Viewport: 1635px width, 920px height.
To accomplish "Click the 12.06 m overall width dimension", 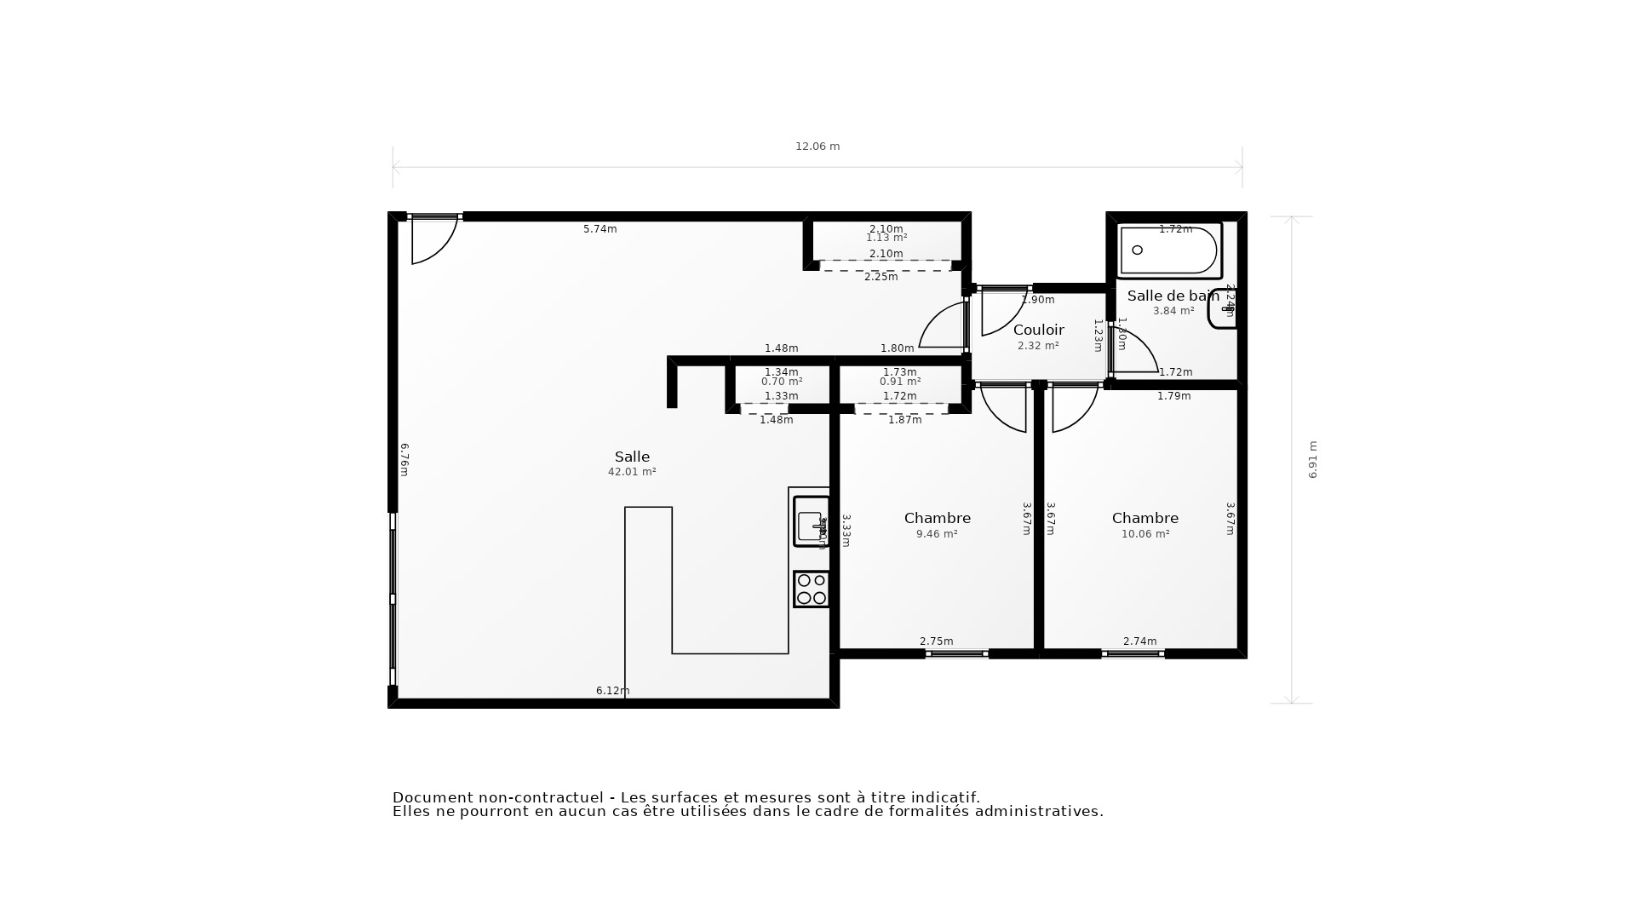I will coord(817,147).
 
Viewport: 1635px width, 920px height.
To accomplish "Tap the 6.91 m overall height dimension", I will coord(1312,460).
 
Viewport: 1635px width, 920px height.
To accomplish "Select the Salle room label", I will coord(632,457).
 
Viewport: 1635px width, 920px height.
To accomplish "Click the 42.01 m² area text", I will coord(632,472).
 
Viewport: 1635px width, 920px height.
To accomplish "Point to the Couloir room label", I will coord(1038,330).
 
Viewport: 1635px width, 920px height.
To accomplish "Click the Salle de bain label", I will coord(1173,296).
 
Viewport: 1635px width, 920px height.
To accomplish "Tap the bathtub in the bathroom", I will coord(1169,250).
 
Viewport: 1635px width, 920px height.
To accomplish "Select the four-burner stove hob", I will coord(811,589).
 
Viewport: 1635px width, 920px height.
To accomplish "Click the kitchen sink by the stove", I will coord(810,521).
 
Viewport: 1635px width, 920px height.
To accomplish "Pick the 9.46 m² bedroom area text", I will coord(937,534).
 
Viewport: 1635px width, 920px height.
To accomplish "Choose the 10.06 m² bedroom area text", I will coord(1144,534).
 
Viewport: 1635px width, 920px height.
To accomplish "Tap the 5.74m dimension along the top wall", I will coord(599,229).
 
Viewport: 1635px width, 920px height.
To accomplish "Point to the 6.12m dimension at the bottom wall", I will coord(612,691).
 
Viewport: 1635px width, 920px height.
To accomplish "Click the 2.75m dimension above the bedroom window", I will coord(936,641).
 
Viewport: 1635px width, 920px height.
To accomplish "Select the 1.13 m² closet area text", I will coord(886,238).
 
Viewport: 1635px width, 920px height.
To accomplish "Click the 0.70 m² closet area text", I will coord(781,382).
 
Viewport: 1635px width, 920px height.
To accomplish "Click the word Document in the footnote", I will coord(432,798).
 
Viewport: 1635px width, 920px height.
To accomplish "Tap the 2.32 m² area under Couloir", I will coord(1038,346).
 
